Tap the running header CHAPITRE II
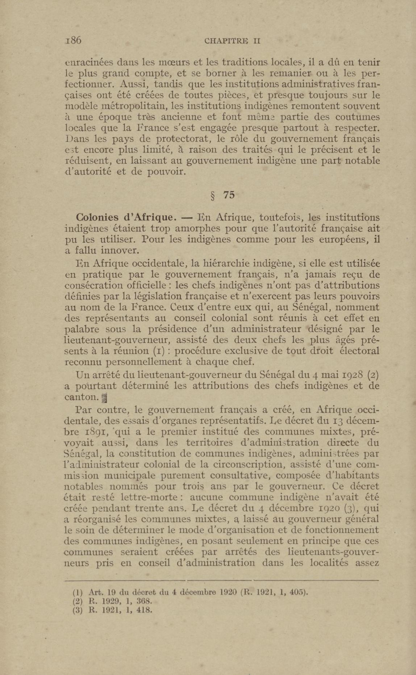click(232, 41)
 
